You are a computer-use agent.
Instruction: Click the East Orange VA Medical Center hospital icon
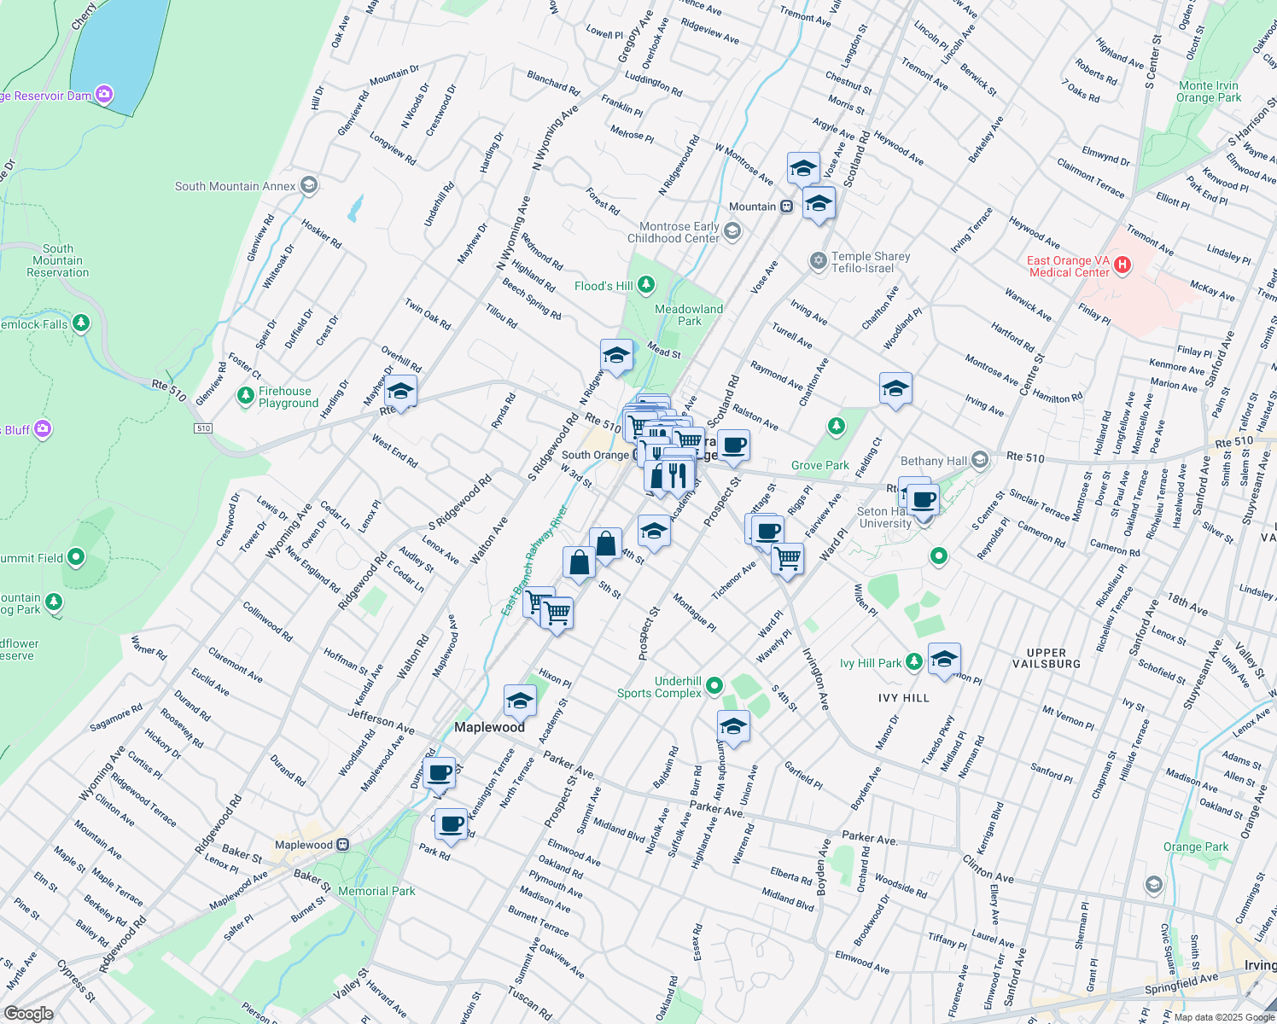1122,265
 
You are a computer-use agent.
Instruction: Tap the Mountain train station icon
787,207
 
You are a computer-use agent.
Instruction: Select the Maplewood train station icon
342,845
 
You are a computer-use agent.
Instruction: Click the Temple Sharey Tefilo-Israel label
871,262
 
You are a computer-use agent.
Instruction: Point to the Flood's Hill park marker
646,284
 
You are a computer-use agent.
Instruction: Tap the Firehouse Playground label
289,397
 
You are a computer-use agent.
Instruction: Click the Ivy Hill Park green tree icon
914,662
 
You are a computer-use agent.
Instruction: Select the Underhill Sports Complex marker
714,685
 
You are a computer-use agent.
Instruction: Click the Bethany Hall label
934,461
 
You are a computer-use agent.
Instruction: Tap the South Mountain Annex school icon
309,185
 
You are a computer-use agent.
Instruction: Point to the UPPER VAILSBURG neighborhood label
1047,658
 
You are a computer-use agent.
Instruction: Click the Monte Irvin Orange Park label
1209,91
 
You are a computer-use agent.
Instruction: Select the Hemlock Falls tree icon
81,323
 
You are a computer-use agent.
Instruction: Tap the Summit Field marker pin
76,558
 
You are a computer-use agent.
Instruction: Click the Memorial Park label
376,891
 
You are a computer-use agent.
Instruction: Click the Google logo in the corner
28,1013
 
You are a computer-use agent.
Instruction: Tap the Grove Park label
819,465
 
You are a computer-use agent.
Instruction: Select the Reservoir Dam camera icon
104,95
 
